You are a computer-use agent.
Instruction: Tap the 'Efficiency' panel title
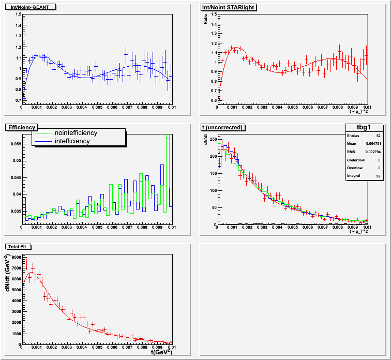21,127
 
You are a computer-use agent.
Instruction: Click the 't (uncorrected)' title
225,127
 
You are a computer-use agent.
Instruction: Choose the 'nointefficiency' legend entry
76,133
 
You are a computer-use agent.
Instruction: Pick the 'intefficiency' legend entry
72,141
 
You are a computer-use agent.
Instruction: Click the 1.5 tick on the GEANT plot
18,14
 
